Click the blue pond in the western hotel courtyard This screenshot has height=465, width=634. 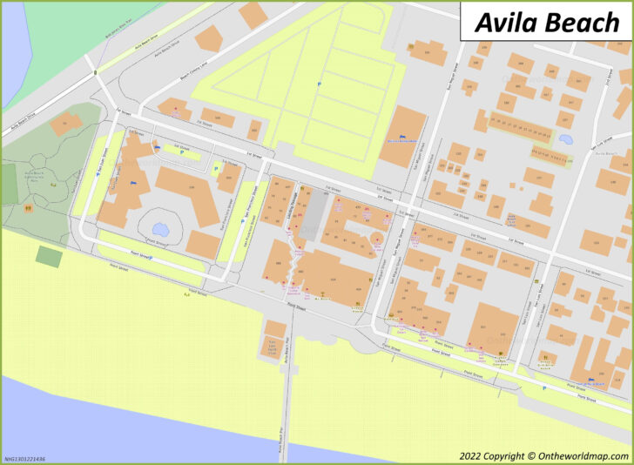pos(159,220)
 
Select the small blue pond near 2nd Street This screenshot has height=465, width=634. pos(565,138)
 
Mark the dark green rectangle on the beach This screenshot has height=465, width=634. pos(49,257)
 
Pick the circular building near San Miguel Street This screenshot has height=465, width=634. pos(376,238)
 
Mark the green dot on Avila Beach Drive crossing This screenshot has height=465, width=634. pos(94,71)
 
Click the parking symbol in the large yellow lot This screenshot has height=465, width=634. pos(318,84)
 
